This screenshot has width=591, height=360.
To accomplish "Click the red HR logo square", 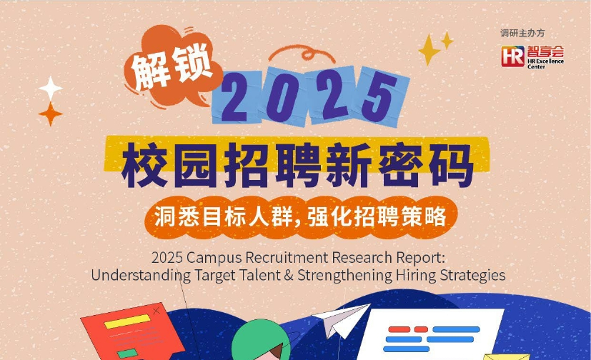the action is pyautogui.click(x=512, y=56).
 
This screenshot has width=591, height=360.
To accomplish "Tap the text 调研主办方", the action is pyautogui.click(x=522, y=33).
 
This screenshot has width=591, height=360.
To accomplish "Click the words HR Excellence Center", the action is pyautogui.click(x=545, y=64).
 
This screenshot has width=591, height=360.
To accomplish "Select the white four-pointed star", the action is pyautogui.click(x=51, y=88).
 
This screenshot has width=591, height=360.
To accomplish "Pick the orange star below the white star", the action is pyautogui.click(x=51, y=114).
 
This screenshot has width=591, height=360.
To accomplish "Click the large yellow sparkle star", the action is pyautogui.click(x=429, y=50).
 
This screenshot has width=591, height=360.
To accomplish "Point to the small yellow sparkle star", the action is pyautogui.click(x=447, y=40).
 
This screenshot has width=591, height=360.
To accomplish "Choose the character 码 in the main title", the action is pyautogui.click(x=452, y=165).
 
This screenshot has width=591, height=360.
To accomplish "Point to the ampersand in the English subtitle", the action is pyautogui.click(x=289, y=275).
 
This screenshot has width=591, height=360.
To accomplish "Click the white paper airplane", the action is pyautogui.click(x=341, y=319).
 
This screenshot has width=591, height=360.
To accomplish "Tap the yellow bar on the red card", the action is pyautogui.click(x=127, y=321).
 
